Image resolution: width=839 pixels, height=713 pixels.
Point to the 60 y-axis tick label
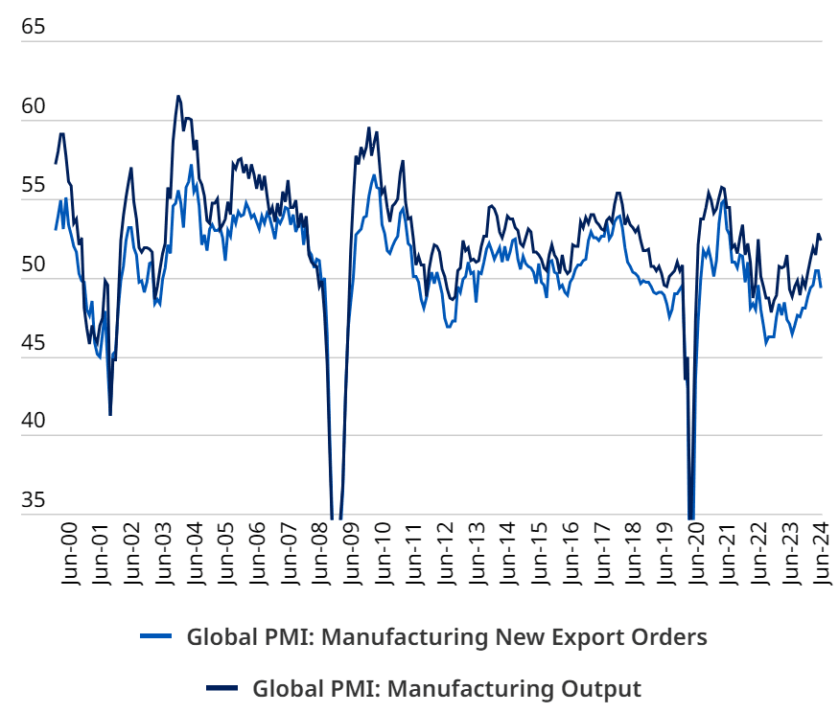(x=33, y=106)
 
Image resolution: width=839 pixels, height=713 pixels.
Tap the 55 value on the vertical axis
(x=33, y=185)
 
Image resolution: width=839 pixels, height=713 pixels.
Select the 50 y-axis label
(x=33, y=264)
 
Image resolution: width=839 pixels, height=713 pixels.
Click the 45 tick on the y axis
(x=33, y=342)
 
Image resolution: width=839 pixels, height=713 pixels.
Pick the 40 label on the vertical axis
(x=33, y=421)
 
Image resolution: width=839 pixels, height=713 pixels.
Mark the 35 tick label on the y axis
(x=33, y=499)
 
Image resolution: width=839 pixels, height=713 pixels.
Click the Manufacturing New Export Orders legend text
(x=447, y=637)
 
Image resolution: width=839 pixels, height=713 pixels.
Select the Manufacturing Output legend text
(x=446, y=688)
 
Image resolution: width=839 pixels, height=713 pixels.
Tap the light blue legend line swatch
(x=155, y=636)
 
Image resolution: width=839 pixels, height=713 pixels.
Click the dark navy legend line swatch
(x=222, y=687)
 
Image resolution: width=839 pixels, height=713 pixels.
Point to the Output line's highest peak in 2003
(x=178, y=96)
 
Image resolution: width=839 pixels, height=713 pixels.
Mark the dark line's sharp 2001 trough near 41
(x=110, y=414)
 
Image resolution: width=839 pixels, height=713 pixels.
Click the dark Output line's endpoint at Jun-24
(x=821, y=239)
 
